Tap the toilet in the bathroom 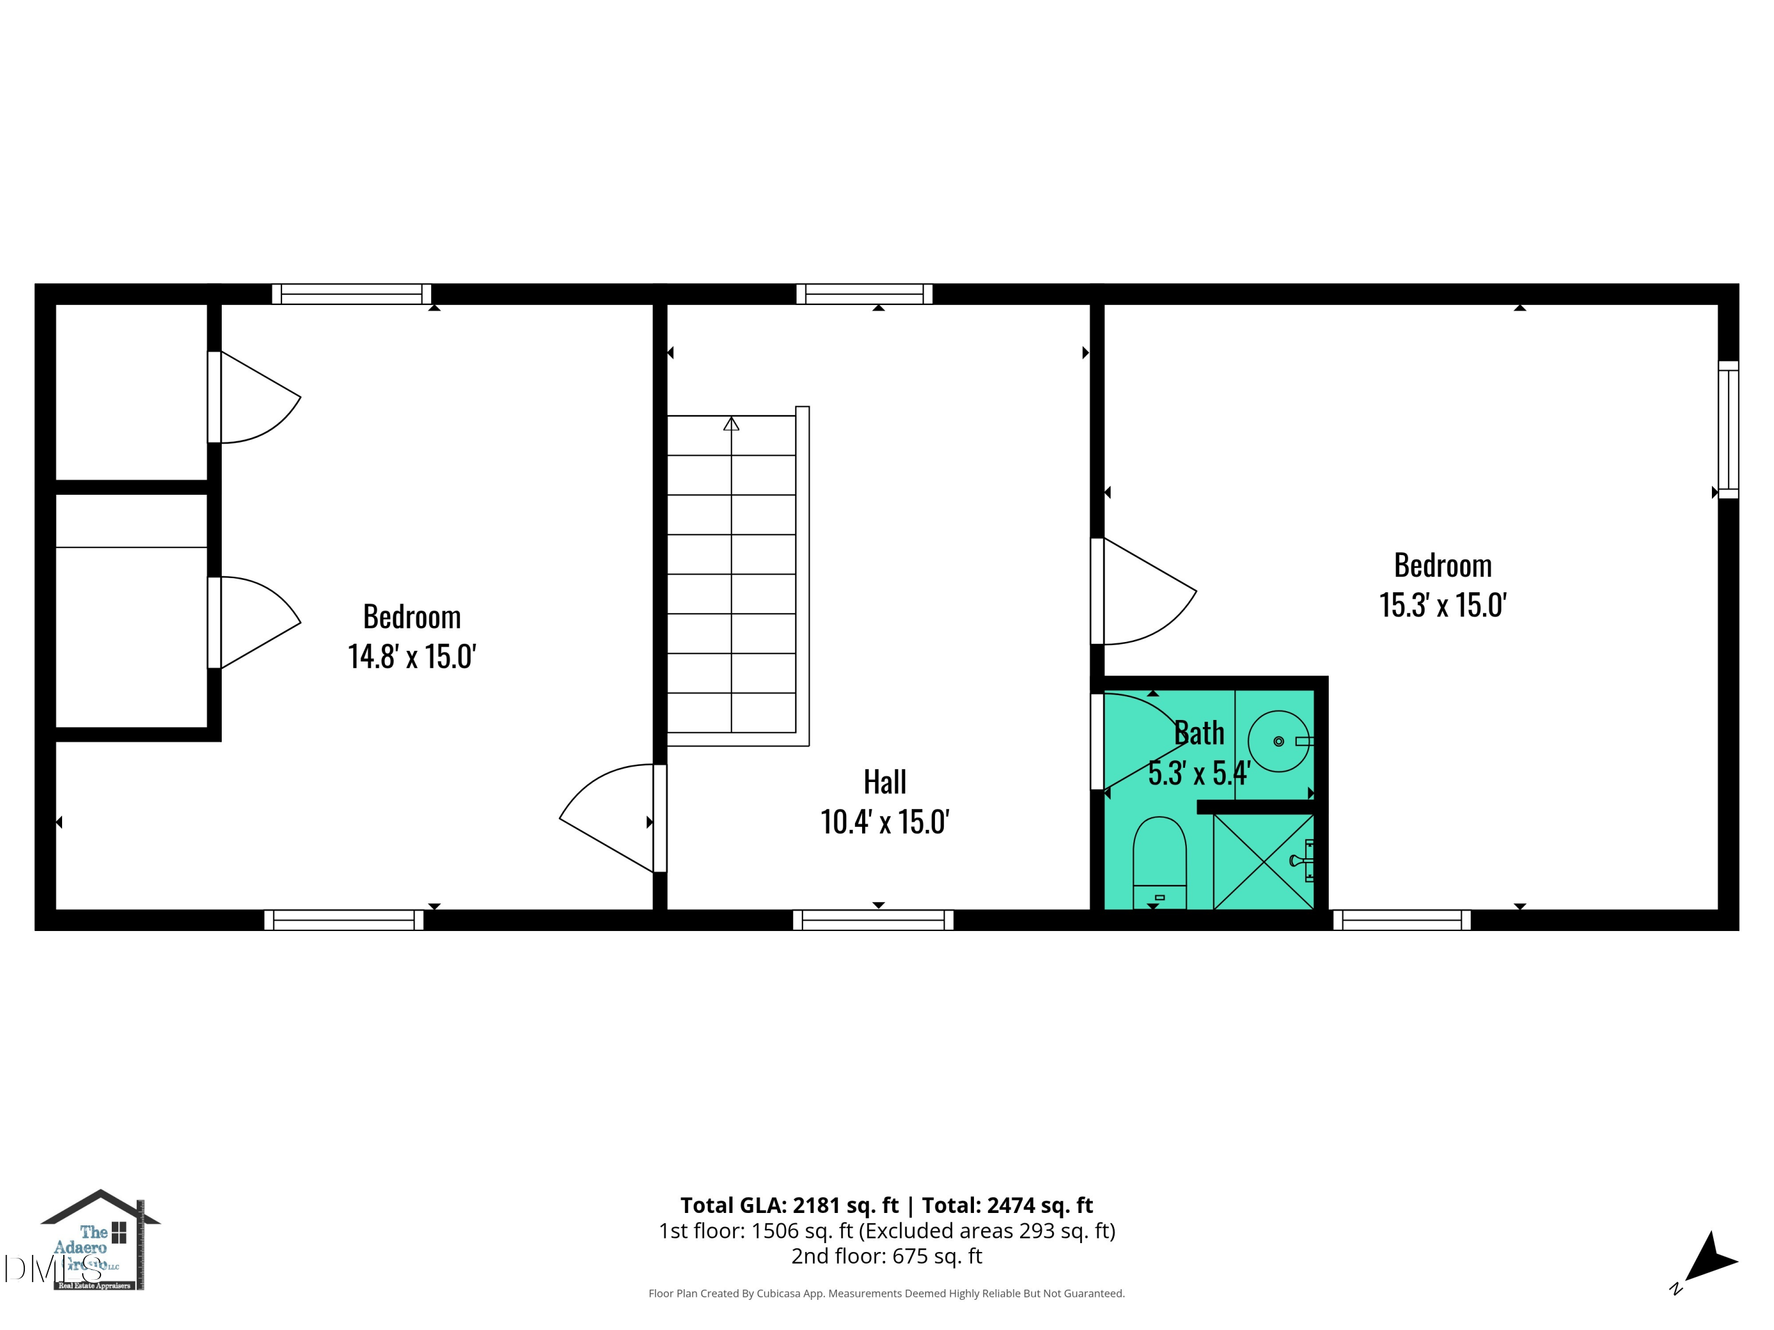1159,862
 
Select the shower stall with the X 1263,862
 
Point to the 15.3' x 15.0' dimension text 1443,605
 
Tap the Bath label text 1199,733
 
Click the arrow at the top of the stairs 731,423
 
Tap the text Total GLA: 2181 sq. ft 789,1205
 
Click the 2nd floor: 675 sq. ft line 886,1256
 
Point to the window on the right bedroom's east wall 1728,429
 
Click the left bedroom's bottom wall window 344,920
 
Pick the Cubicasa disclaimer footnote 886,1293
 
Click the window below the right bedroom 1401,920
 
